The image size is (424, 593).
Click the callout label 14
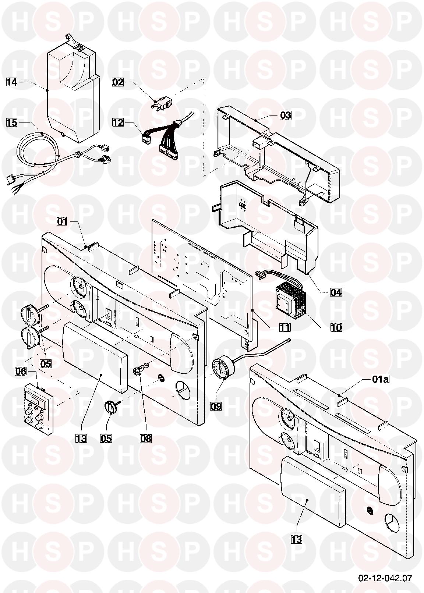[x=12, y=82]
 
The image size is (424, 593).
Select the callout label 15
[x=12, y=122]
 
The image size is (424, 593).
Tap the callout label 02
[x=118, y=82]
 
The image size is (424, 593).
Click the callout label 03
[x=285, y=115]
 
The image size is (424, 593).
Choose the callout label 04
[x=335, y=292]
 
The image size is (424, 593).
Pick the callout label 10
[x=335, y=327]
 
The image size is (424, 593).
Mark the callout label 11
[x=285, y=327]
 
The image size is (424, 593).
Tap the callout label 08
[x=146, y=438]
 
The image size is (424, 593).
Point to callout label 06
[x=21, y=371]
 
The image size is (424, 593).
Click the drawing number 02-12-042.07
[x=385, y=578]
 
